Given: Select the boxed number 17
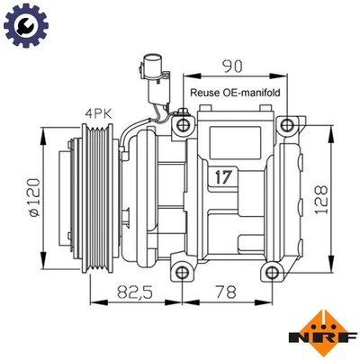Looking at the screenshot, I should point(225,176).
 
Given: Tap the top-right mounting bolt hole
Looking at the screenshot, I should point(286,123).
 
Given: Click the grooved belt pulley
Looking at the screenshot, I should point(94,197).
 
